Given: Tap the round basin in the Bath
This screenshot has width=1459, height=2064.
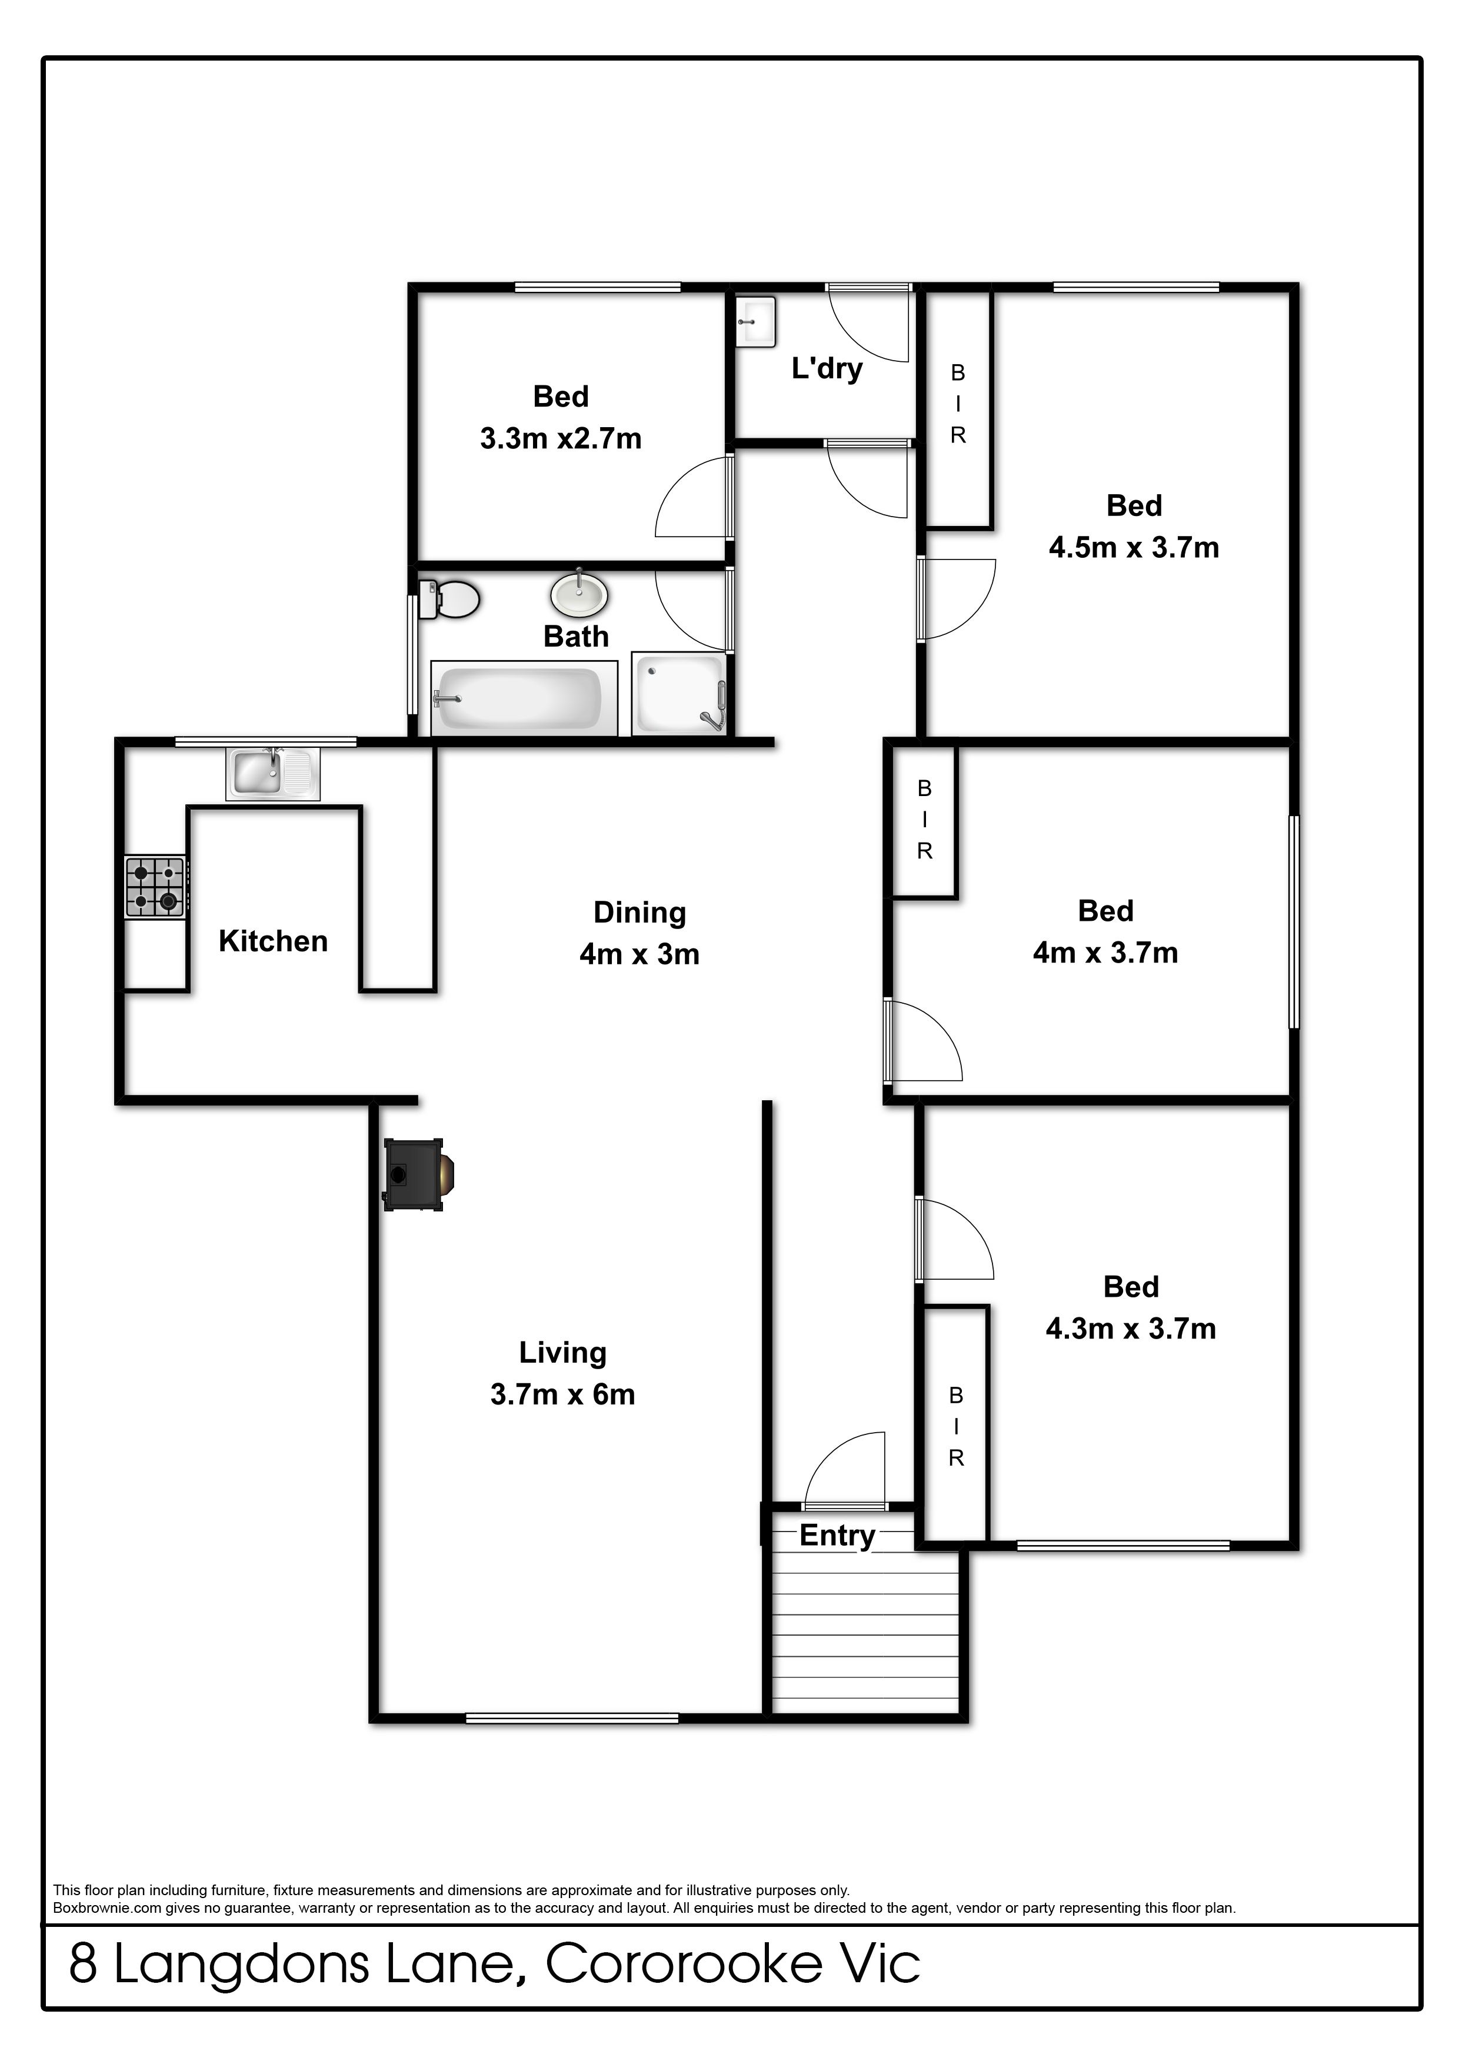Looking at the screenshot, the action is (x=579, y=594).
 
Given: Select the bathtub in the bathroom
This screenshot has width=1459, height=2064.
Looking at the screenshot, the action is (x=524, y=698).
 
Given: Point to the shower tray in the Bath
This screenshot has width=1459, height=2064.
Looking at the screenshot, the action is (x=679, y=694).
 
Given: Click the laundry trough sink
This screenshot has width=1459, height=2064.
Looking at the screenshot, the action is (x=755, y=322).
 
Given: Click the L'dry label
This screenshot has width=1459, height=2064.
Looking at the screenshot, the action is (x=827, y=368).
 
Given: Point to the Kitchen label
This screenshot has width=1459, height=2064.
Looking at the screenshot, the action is (x=274, y=941).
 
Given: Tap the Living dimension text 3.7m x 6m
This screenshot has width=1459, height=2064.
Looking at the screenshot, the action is (x=563, y=1394).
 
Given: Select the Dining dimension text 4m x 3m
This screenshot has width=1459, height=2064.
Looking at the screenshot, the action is (x=640, y=954).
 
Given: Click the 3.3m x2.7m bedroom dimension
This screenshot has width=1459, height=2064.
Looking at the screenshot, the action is (x=561, y=439).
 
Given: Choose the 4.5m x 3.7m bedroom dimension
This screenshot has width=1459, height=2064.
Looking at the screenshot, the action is (x=1134, y=547).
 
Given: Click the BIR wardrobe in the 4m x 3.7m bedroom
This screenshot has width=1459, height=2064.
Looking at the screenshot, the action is (x=924, y=820).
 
